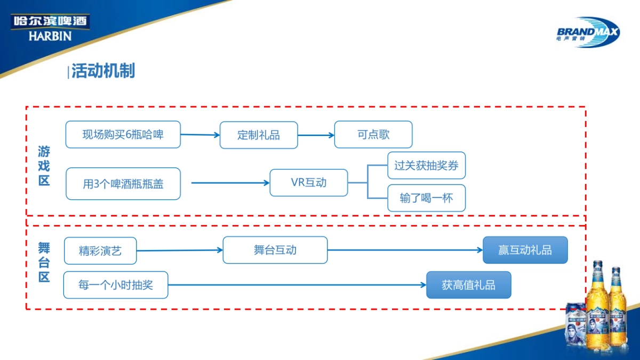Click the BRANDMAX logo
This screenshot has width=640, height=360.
(x=588, y=32)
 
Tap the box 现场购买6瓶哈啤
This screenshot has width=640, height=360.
(x=123, y=134)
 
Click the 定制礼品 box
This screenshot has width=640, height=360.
(x=259, y=135)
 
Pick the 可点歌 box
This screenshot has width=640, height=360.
(x=373, y=134)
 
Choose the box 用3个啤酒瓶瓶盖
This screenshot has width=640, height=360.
(x=123, y=184)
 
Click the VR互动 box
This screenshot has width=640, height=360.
(x=309, y=182)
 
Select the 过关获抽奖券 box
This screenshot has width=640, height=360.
(x=426, y=165)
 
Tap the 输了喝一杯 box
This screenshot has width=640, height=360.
(x=426, y=198)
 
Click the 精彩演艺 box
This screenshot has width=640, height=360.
(x=100, y=251)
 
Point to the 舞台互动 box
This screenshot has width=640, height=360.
(x=275, y=250)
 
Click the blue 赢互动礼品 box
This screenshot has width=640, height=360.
(x=525, y=250)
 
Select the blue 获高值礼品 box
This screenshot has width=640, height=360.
(x=468, y=285)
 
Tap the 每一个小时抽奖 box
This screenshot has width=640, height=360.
(x=116, y=285)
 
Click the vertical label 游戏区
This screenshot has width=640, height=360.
(x=44, y=166)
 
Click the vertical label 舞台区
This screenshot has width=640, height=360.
(x=44, y=262)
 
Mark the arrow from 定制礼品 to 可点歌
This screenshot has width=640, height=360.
(x=316, y=135)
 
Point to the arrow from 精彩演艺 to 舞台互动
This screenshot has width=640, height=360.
(x=180, y=250)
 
